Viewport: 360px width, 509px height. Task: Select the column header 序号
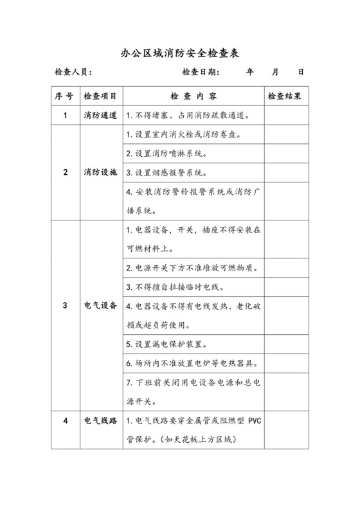pyautogui.click(x=65, y=96)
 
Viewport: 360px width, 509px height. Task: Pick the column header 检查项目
pyautogui.click(x=100, y=96)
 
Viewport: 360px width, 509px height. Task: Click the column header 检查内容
pyautogui.click(x=192, y=96)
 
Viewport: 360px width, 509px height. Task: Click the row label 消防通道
pyautogui.click(x=100, y=116)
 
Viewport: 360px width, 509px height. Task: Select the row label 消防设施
pyautogui.click(x=100, y=173)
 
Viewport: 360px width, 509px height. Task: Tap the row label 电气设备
pyautogui.click(x=100, y=306)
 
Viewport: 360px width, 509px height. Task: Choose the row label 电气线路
pyautogui.click(x=100, y=422)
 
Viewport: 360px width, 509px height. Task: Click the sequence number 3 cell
pyautogui.click(x=65, y=306)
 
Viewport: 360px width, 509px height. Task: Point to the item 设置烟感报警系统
pyautogui.click(x=166, y=173)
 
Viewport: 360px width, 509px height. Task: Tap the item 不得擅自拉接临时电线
pyautogui.click(x=171, y=287)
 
